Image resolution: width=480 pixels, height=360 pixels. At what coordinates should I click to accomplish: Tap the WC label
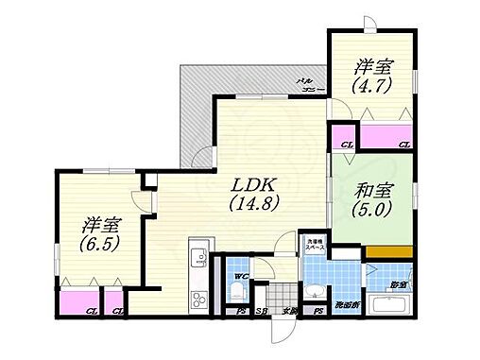[239, 276]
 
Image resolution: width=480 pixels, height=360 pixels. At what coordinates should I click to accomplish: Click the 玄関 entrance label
[286, 311]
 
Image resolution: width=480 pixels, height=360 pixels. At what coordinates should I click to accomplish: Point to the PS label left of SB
[242, 311]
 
